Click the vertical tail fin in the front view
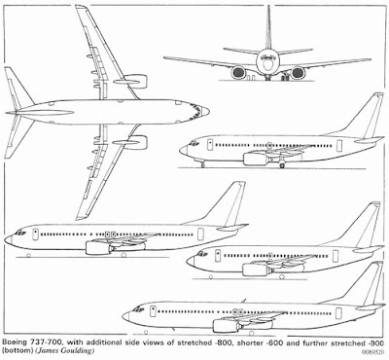(x=266, y=29)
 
